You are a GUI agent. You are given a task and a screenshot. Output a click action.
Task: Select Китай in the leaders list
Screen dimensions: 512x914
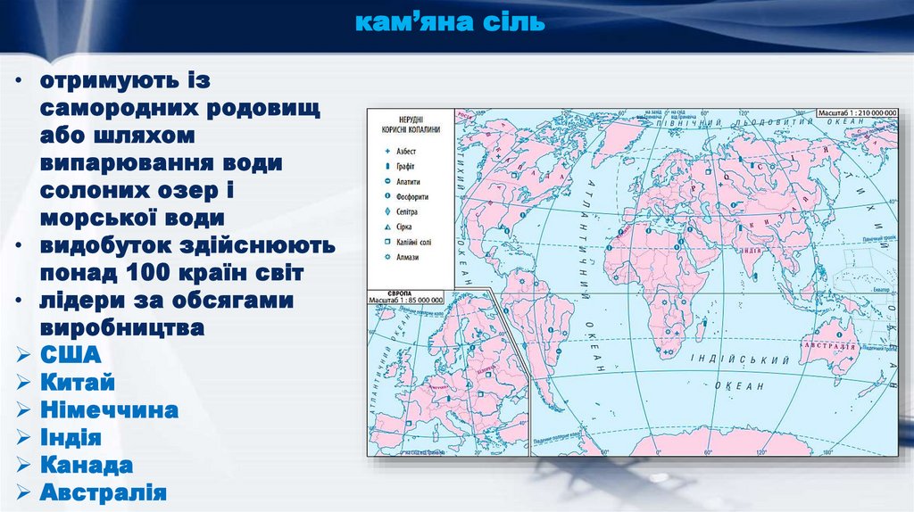[x=78, y=384]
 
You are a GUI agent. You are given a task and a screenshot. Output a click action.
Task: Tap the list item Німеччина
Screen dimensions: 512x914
[x=110, y=410]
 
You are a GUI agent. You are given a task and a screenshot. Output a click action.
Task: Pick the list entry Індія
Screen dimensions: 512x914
[x=71, y=438]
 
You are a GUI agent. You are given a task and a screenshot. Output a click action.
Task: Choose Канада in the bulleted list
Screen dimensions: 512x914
[x=87, y=466]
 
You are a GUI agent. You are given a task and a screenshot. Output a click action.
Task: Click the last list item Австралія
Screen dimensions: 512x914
[x=104, y=492]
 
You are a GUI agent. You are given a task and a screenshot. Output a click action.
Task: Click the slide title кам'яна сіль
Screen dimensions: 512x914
[x=450, y=22]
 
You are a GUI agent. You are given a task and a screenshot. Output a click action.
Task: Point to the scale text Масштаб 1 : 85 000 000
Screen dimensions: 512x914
[x=405, y=301]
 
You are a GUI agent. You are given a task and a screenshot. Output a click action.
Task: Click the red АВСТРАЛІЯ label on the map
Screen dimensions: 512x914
[x=829, y=344]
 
